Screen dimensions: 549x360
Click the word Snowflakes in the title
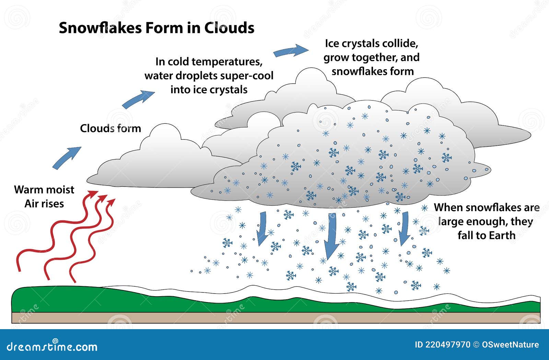(100, 28)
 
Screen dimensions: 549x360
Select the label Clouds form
(110, 128)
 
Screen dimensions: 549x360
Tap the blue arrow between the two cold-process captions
(291, 50)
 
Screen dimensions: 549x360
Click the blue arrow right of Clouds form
(138, 99)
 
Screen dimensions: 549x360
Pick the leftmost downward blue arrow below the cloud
(262, 229)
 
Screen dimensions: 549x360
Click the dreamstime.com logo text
(52, 346)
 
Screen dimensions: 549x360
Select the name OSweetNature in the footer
(511, 345)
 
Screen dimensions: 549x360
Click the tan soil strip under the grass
(276, 317)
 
